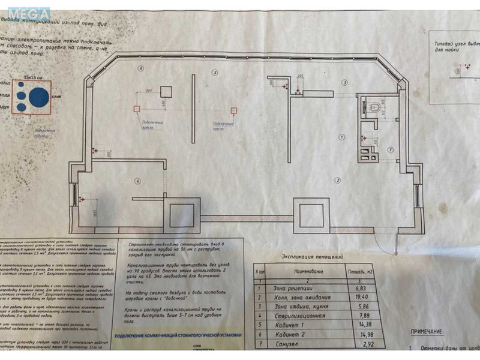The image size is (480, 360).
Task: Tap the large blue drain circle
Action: tap(40, 97)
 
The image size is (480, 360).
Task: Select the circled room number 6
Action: tap(140, 68)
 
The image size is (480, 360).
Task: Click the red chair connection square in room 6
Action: tap(137, 109)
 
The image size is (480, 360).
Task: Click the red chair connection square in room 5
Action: tap(232, 109)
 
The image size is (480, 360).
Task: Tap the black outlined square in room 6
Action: tap(166, 91)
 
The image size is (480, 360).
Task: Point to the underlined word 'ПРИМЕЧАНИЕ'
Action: tap(431, 331)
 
